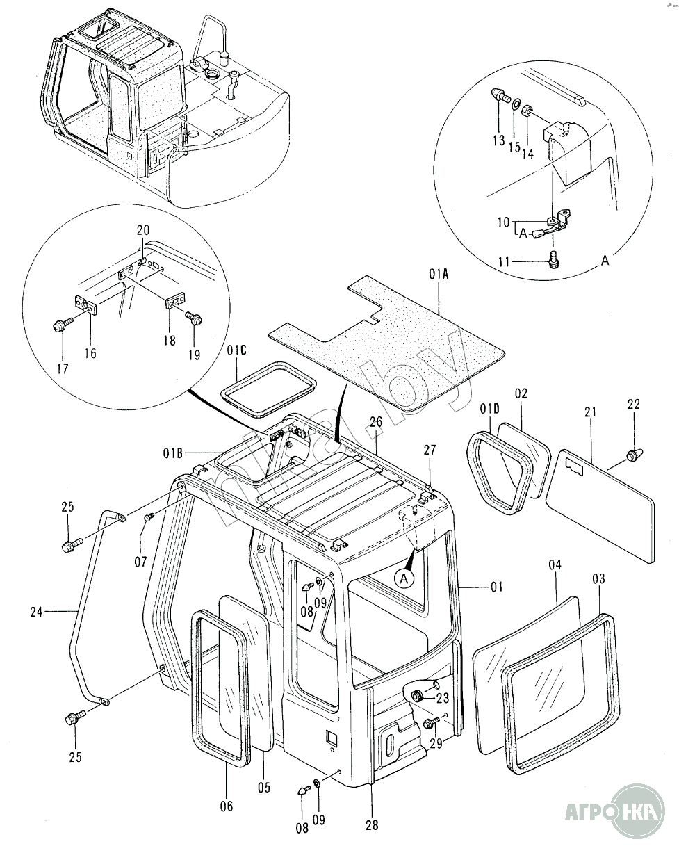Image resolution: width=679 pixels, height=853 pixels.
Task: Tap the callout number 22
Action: (x=634, y=404)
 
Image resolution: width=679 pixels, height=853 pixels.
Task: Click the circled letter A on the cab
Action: (x=405, y=576)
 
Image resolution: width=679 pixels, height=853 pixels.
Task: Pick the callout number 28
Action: (x=372, y=824)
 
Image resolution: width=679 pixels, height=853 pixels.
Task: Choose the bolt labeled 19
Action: (x=195, y=319)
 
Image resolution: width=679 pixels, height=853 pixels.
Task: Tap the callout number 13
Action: (x=498, y=140)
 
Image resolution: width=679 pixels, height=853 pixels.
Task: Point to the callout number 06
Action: (x=227, y=806)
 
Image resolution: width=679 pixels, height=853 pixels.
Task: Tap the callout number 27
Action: (x=430, y=450)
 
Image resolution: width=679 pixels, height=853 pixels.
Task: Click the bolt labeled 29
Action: (x=429, y=724)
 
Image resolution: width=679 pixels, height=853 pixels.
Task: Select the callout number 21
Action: (x=591, y=413)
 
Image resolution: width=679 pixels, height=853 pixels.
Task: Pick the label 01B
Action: (x=173, y=454)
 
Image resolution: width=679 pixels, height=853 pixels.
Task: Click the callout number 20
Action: (x=142, y=230)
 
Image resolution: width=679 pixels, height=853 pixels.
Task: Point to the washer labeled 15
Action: (x=516, y=106)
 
